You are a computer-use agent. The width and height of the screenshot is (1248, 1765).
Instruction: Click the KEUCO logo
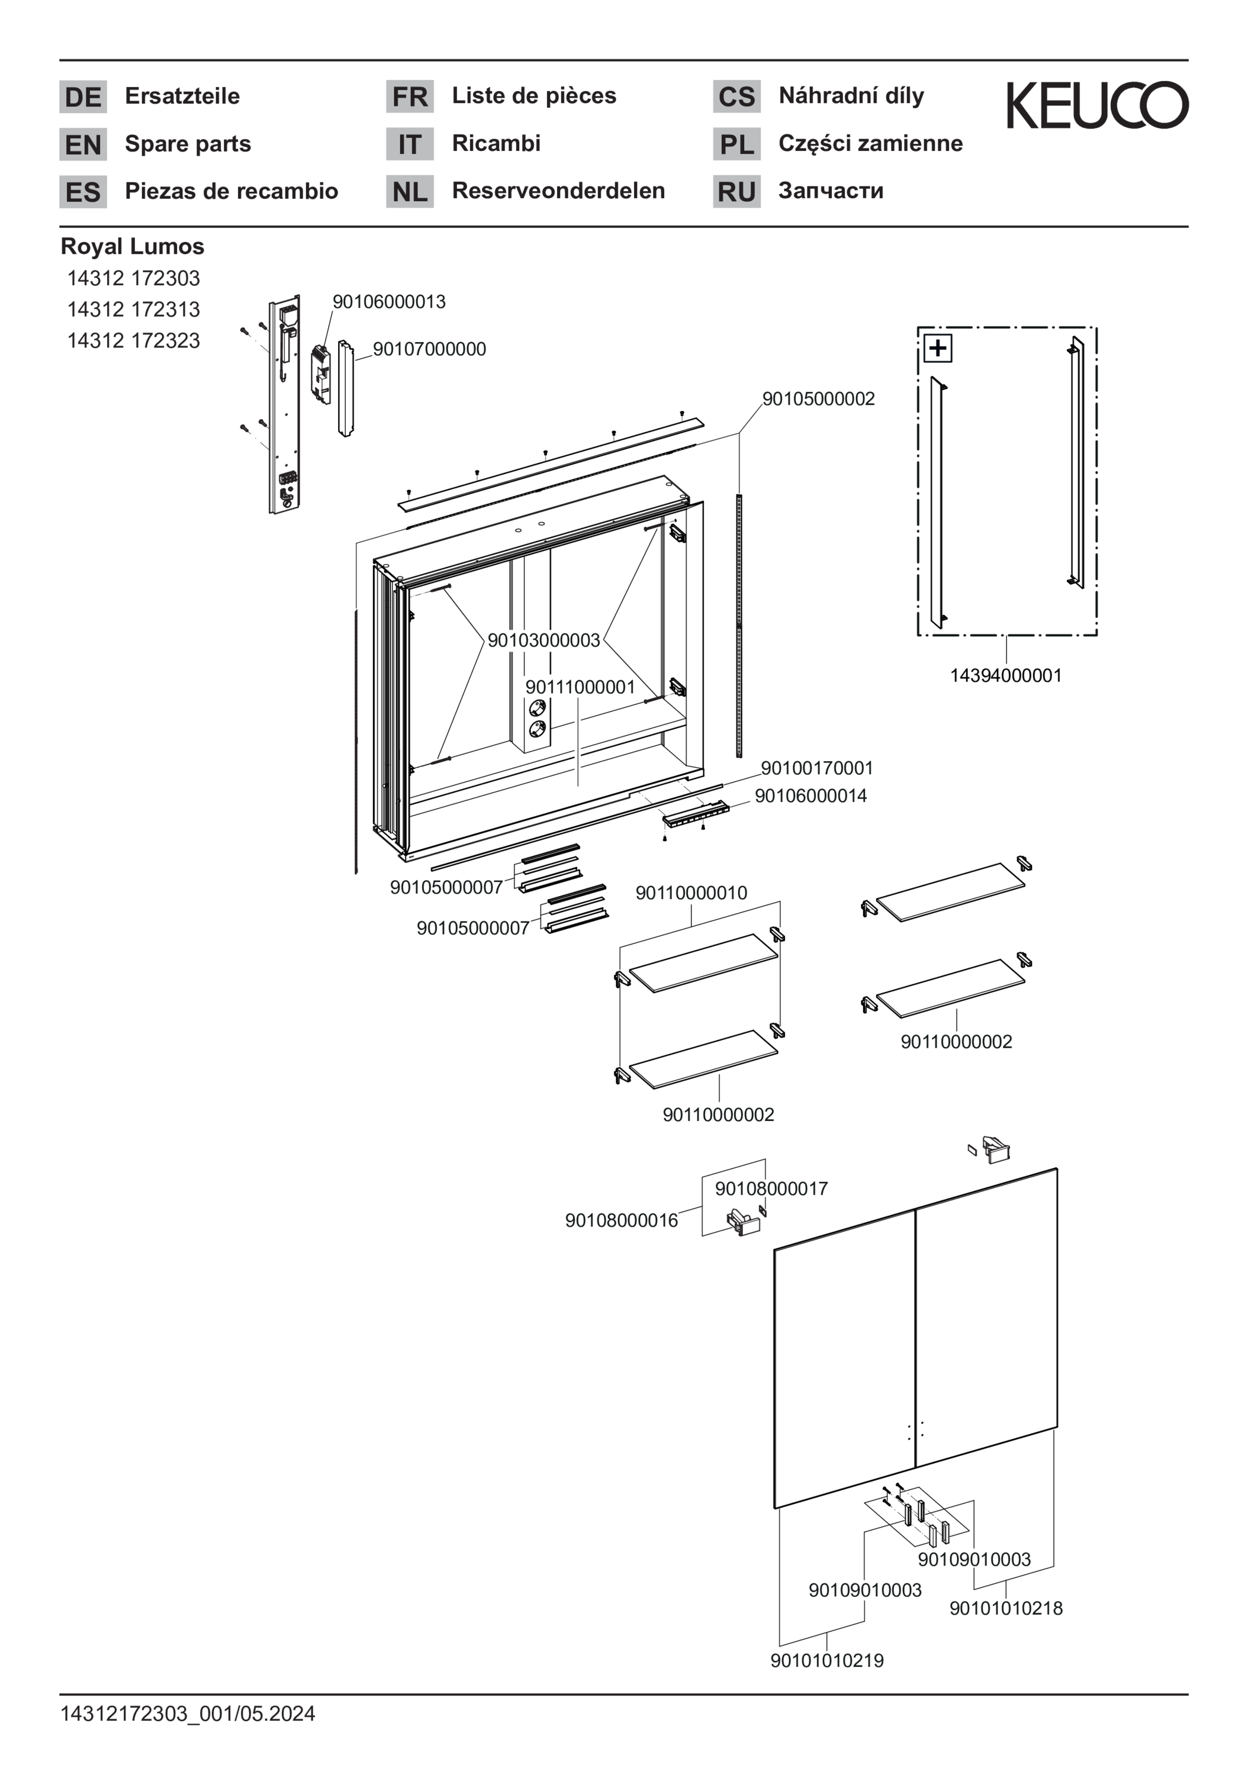click(x=1096, y=105)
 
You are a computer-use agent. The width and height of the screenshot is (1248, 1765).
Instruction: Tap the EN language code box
click(x=83, y=144)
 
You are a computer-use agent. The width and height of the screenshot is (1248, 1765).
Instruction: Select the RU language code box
click(x=736, y=191)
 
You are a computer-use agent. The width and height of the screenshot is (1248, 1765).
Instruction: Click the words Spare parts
click(x=188, y=144)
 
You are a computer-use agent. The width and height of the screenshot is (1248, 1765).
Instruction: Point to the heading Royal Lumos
click(x=132, y=246)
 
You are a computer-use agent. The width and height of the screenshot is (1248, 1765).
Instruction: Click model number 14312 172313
click(x=133, y=309)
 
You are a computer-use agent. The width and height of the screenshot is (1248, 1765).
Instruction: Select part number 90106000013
click(x=388, y=301)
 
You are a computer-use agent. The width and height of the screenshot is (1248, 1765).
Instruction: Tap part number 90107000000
click(x=429, y=349)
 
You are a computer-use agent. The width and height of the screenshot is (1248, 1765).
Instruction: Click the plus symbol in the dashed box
click(x=937, y=348)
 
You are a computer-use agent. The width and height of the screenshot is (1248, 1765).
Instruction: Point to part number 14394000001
click(x=1005, y=676)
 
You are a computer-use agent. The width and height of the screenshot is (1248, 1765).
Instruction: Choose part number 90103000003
click(x=543, y=640)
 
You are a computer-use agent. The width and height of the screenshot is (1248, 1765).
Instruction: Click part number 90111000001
click(x=580, y=687)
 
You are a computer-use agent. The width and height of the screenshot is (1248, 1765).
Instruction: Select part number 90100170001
click(x=816, y=768)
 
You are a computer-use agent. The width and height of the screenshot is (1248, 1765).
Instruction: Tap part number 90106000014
click(x=810, y=795)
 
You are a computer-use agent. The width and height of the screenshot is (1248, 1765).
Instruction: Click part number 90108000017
click(x=771, y=1189)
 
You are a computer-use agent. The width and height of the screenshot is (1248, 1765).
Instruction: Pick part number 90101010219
click(x=826, y=1660)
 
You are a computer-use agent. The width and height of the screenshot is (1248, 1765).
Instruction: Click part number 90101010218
click(x=1006, y=1608)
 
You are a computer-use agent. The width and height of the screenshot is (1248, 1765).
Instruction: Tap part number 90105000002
click(x=818, y=398)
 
